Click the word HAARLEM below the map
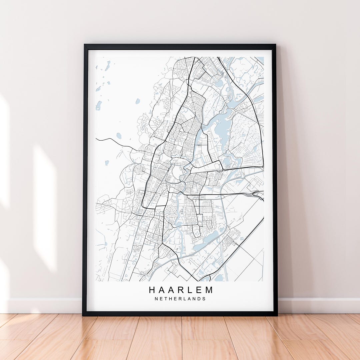pos(180,290)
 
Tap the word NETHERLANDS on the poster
pos(180,299)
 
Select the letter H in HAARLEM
pos(152,290)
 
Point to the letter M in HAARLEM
pos(209,290)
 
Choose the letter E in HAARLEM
pos(199,290)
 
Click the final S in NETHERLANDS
pos(204,299)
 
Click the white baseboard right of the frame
pos(317,305)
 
